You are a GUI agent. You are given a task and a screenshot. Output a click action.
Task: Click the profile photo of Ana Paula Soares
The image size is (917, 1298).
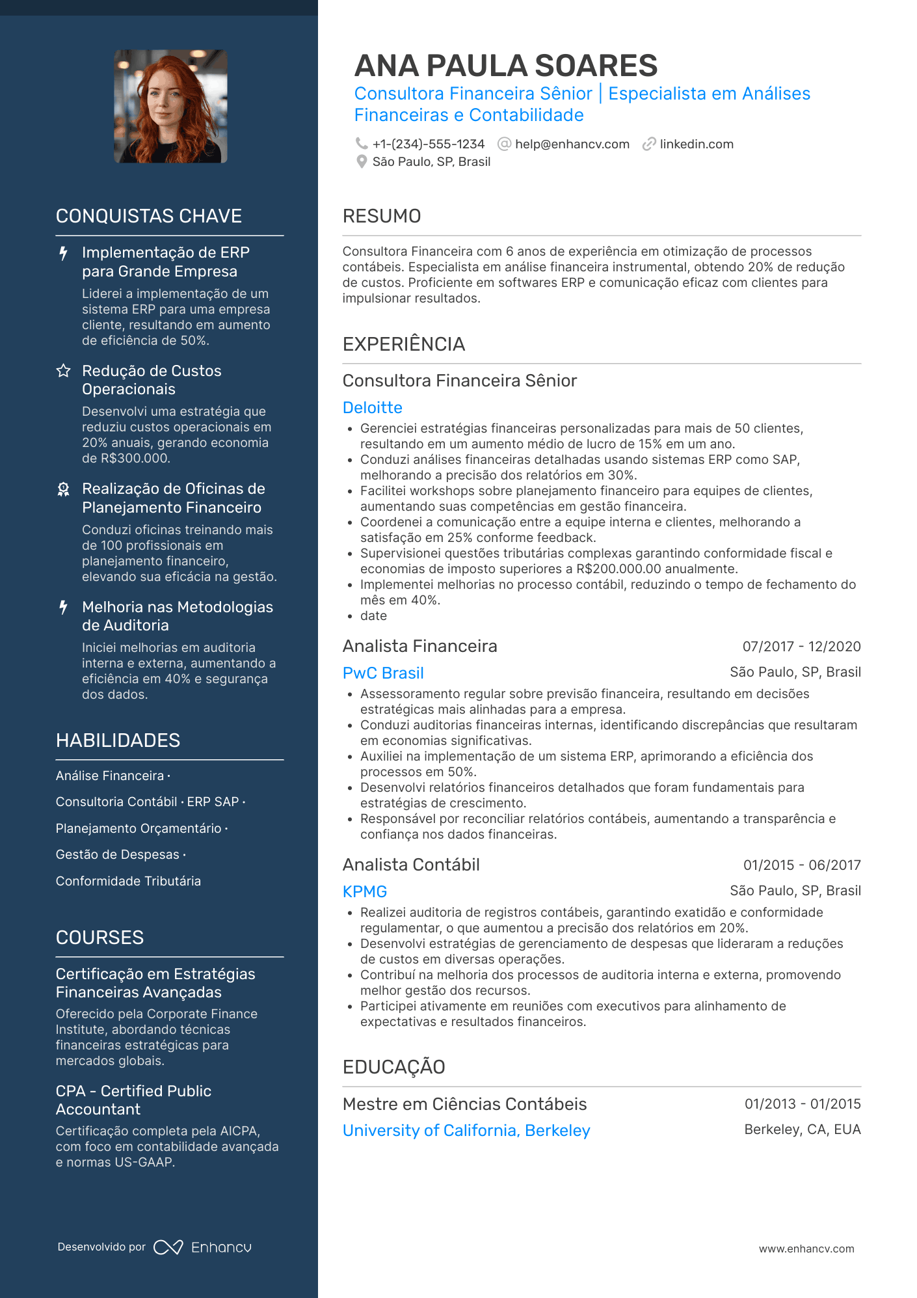tap(170, 106)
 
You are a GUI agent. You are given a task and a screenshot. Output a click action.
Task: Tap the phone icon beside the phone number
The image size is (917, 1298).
tap(362, 144)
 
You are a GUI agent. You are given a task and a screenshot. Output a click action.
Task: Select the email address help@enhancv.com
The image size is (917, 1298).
tap(572, 144)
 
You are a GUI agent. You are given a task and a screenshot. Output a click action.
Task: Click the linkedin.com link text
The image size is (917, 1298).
tap(696, 144)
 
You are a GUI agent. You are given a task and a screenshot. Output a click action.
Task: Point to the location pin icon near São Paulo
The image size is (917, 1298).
tap(362, 161)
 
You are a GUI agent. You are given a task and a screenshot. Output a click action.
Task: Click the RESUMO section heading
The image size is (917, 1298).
tap(382, 216)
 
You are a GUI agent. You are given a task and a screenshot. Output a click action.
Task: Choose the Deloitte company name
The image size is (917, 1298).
tap(372, 407)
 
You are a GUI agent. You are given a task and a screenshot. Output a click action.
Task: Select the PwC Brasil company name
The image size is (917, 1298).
tap(383, 673)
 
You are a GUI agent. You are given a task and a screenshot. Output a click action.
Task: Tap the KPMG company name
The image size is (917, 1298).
tap(365, 891)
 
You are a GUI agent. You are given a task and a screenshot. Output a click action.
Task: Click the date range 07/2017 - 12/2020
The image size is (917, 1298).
tap(801, 646)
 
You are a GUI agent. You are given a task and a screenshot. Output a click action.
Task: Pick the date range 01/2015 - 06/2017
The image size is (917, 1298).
tap(802, 865)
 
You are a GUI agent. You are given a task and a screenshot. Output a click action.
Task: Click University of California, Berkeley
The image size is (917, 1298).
tap(466, 1130)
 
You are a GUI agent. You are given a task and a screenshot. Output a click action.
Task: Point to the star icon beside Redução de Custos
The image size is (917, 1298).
tap(63, 371)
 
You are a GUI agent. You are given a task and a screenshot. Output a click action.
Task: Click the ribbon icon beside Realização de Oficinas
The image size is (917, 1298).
tap(63, 489)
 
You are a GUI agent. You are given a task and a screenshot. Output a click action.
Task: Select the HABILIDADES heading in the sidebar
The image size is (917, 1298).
tap(118, 740)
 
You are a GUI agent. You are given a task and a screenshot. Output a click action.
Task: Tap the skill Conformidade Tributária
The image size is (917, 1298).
tap(128, 881)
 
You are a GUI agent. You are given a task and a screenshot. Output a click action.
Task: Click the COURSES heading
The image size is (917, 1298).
tap(100, 938)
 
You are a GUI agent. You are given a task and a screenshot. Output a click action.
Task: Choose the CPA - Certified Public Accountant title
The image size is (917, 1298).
tap(133, 1100)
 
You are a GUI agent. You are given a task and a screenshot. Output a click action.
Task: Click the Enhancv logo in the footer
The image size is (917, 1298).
tap(202, 1247)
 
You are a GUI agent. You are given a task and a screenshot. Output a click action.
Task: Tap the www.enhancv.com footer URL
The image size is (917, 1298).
tap(806, 1249)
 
